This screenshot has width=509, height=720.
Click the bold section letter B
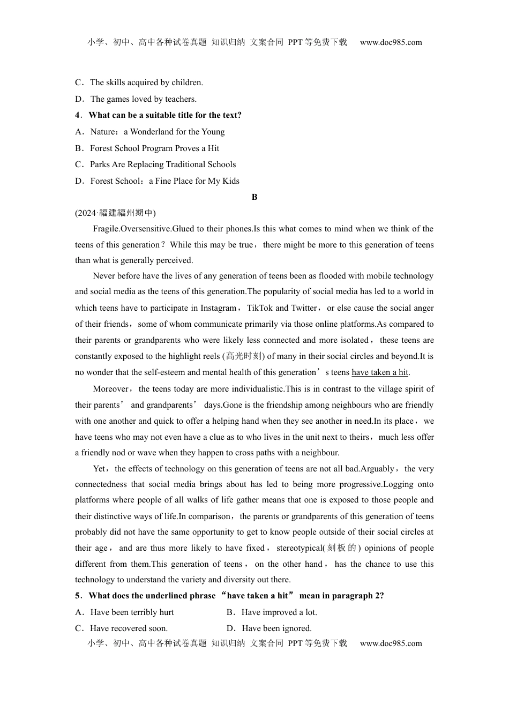click(x=254, y=197)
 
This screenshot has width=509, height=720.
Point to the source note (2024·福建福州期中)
click(x=115, y=213)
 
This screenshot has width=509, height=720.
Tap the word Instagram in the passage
click(x=218, y=308)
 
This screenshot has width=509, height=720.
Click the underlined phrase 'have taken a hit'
click(x=380, y=372)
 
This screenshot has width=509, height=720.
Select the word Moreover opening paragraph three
click(x=111, y=389)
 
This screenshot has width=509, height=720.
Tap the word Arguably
click(x=378, y=469)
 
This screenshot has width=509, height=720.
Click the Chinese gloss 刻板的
click(x=342, y=548)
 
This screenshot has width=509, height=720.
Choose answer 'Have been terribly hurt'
click(x=132, y=612)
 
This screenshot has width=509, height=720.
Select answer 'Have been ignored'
click(x=276, y=628)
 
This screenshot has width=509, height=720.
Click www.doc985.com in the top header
click(x=391, y=42)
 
